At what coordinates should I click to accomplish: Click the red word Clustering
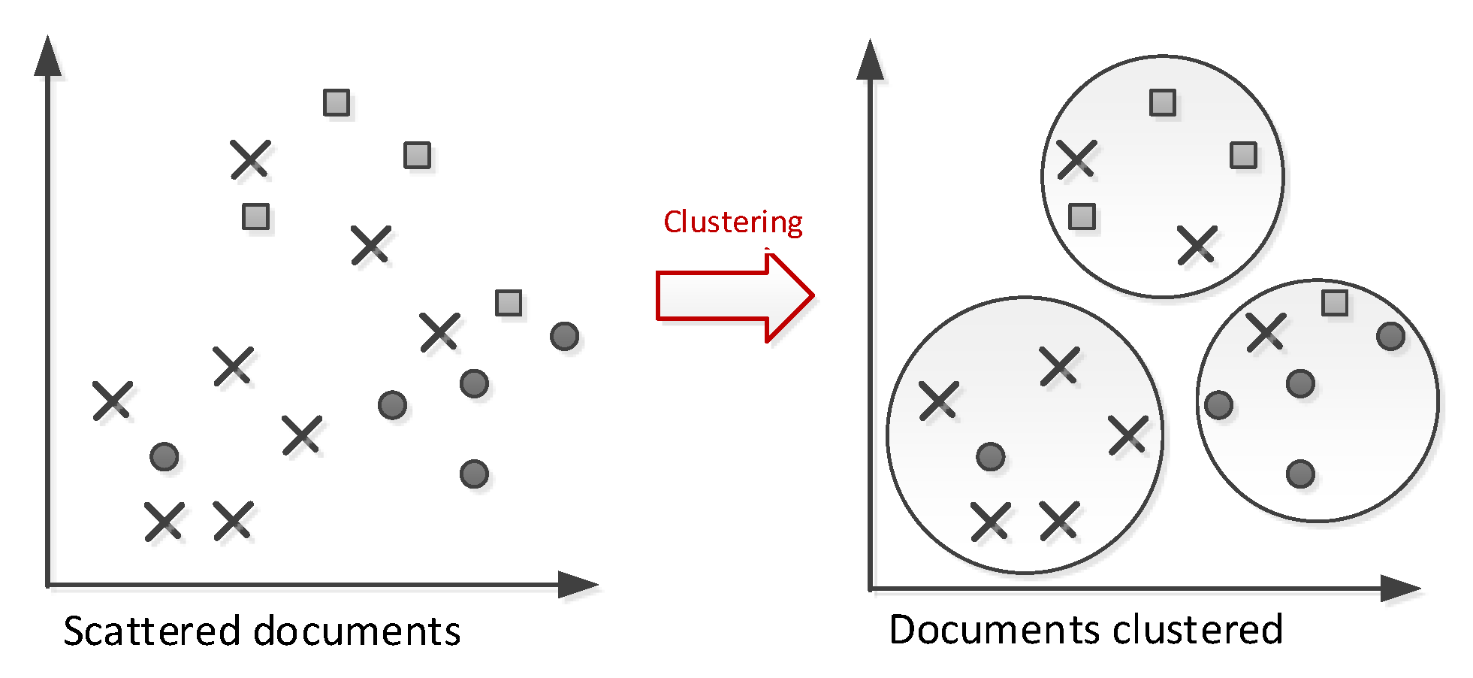point(732,222)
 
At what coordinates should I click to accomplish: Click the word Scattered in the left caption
point(151,631)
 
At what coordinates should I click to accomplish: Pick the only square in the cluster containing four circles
point(1335,303)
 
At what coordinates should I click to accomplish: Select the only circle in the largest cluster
point(991,456)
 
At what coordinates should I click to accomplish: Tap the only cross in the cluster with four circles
point(1266,331)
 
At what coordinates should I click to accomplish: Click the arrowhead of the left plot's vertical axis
point(48,56)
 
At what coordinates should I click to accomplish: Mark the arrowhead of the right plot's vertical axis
point(870,60)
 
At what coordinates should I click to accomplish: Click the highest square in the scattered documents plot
point(337,102)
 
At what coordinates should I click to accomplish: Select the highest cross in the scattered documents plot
point(250,159)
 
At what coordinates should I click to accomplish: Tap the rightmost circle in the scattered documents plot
point(564,336)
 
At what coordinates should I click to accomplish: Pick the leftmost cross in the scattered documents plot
point(113,400)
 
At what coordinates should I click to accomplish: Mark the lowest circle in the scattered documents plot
point(474,474)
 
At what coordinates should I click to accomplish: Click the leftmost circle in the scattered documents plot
point(164,456)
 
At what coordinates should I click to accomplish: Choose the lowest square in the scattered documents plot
point(509,303)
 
